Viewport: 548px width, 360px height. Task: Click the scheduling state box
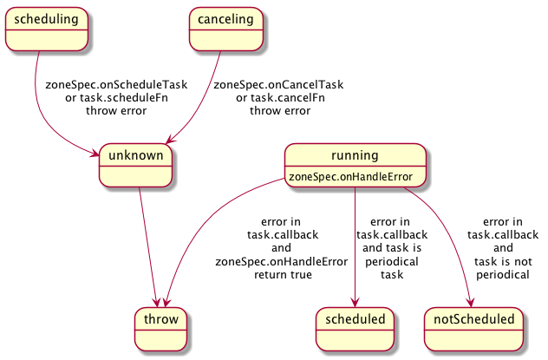[47, 29]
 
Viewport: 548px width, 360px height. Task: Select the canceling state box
[225, 29]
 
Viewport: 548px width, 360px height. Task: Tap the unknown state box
[135, 166]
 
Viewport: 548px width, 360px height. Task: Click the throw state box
[160, 330]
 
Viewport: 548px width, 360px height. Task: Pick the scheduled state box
[355, 330]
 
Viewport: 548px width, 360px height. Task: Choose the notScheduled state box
[474, 330]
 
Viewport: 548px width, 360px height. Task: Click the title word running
[355, 155]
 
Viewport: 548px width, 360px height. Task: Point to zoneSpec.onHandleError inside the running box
[350, 177]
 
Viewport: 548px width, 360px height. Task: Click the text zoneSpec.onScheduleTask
[116, 85]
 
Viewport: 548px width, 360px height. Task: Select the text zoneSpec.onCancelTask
[278, 85]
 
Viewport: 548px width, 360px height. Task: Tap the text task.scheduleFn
[124, 98]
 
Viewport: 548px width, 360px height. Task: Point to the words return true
[283, 275]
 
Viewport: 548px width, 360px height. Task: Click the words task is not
[503, 261]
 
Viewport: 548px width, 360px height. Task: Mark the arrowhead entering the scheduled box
[355, 303]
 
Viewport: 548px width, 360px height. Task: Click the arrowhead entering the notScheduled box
[471, 303]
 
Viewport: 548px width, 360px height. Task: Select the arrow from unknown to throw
[148, 247]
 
